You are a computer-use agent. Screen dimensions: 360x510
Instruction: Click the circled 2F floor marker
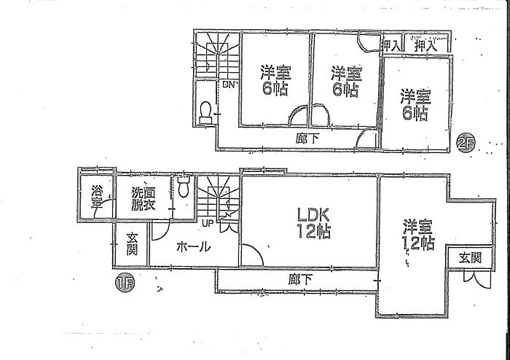[x=465, y=144]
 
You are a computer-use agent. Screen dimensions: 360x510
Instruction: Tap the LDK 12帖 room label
[x=313, y=224]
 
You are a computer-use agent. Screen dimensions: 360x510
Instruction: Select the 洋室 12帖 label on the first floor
[x=417, y=235]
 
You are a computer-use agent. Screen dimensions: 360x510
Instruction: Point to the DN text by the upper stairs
[x=229, y=85]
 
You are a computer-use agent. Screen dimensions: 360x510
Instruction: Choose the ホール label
[x=194, y=247]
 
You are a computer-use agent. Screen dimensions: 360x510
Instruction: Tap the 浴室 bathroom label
[x=96, y=197]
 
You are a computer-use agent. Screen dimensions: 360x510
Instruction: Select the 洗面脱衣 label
[x=143, y=198]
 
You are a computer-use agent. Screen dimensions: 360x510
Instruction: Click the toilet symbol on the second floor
[x=206, y=111]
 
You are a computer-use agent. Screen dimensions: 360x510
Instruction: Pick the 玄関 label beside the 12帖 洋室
[x=469, y=257]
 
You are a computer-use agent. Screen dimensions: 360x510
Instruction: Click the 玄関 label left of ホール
[x=131, y=244]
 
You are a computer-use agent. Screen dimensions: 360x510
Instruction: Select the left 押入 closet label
[x=391, y=45]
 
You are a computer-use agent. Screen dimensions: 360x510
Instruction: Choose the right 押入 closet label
[x=425, y=45]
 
